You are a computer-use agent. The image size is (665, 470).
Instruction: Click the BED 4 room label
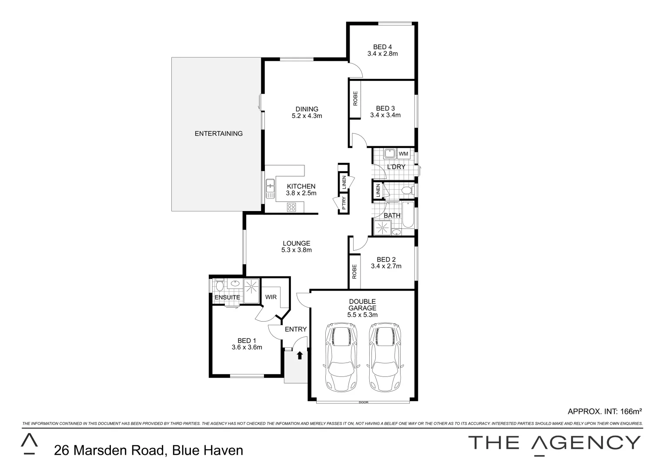382,47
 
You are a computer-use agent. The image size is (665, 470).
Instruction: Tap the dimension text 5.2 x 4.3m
307,116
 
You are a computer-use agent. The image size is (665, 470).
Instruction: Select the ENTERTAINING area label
218,134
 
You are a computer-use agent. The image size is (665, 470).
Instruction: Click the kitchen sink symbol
270,188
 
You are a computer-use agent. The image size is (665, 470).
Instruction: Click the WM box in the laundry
403,154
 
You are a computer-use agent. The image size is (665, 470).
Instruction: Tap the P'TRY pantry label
344,203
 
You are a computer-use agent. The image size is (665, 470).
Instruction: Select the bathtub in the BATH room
408,215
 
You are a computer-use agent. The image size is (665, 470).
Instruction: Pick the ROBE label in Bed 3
355,99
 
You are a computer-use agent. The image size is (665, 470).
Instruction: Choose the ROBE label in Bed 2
354,272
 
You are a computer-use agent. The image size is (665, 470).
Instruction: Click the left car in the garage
341,357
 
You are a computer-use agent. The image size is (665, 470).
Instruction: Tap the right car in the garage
384,357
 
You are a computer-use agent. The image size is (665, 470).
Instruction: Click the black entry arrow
299,356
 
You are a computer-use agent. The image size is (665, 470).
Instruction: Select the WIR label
271,297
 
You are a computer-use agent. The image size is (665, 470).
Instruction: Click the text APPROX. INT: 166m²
605,411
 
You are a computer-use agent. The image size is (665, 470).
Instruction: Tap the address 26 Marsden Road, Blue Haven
148,450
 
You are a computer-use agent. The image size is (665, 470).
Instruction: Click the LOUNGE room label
296,243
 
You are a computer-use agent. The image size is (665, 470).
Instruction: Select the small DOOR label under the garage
363,403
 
